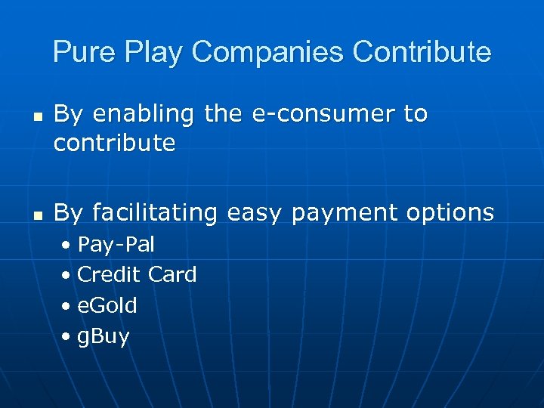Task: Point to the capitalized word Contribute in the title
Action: click(422, 52)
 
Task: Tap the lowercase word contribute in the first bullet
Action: click(114, 143)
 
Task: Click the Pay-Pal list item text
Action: click(116, 245)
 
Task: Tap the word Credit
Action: click(109, 274)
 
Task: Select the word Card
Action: click(172, 274)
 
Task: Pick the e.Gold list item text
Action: click(107, 305)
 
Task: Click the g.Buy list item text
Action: click(104, 336)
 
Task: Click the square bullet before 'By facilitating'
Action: click(37, 216)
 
